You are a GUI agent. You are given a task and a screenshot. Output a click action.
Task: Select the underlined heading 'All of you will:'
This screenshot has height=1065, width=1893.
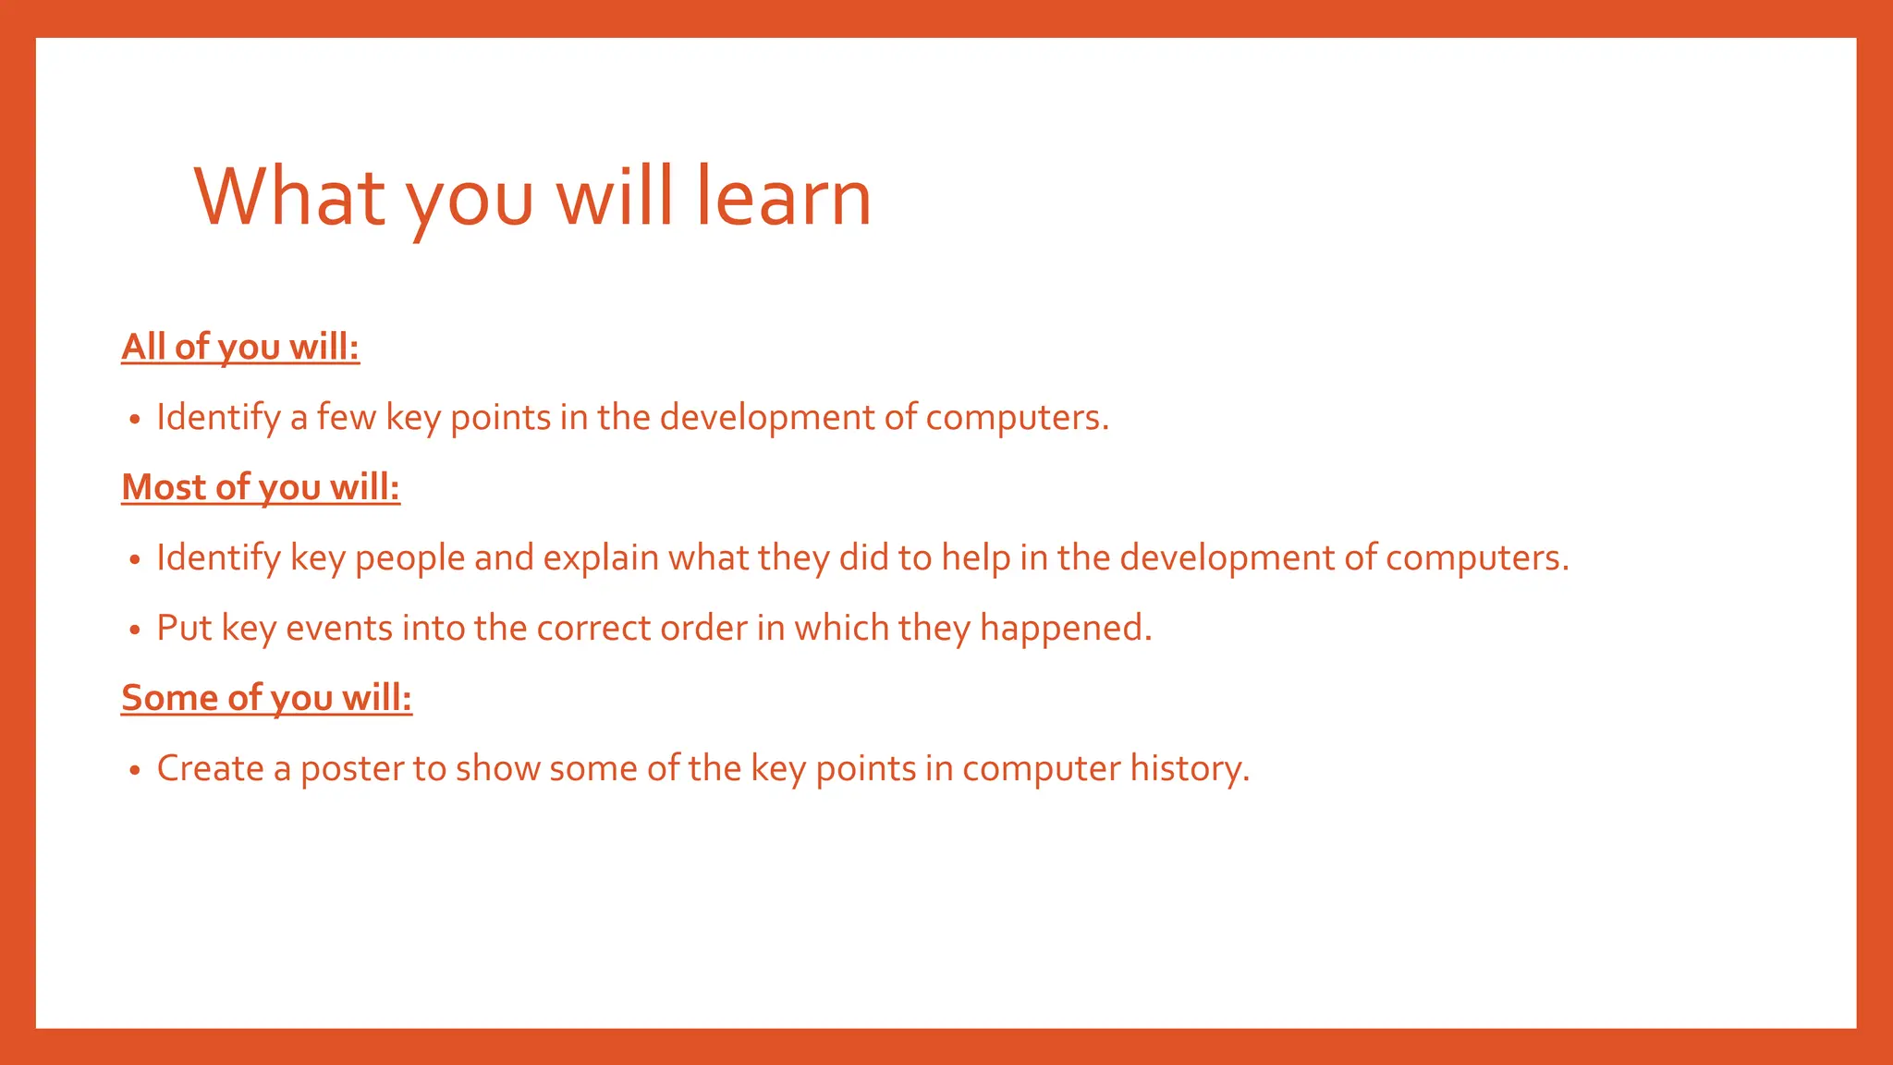coord(240,347)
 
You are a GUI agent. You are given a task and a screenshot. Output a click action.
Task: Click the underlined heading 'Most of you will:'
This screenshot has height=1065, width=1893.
coord(261,487)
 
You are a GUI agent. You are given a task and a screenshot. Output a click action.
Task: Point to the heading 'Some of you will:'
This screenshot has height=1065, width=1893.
coord(266,698)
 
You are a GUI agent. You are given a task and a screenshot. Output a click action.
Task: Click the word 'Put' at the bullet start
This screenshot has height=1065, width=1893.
coord(184,629)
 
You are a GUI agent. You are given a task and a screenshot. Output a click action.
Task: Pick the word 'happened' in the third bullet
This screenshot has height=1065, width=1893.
coord(1064,629)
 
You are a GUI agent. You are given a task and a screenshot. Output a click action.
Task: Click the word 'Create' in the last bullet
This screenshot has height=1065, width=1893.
coord(210,768)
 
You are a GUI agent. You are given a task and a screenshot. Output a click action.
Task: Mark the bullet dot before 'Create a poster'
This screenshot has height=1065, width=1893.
coord(135,770)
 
